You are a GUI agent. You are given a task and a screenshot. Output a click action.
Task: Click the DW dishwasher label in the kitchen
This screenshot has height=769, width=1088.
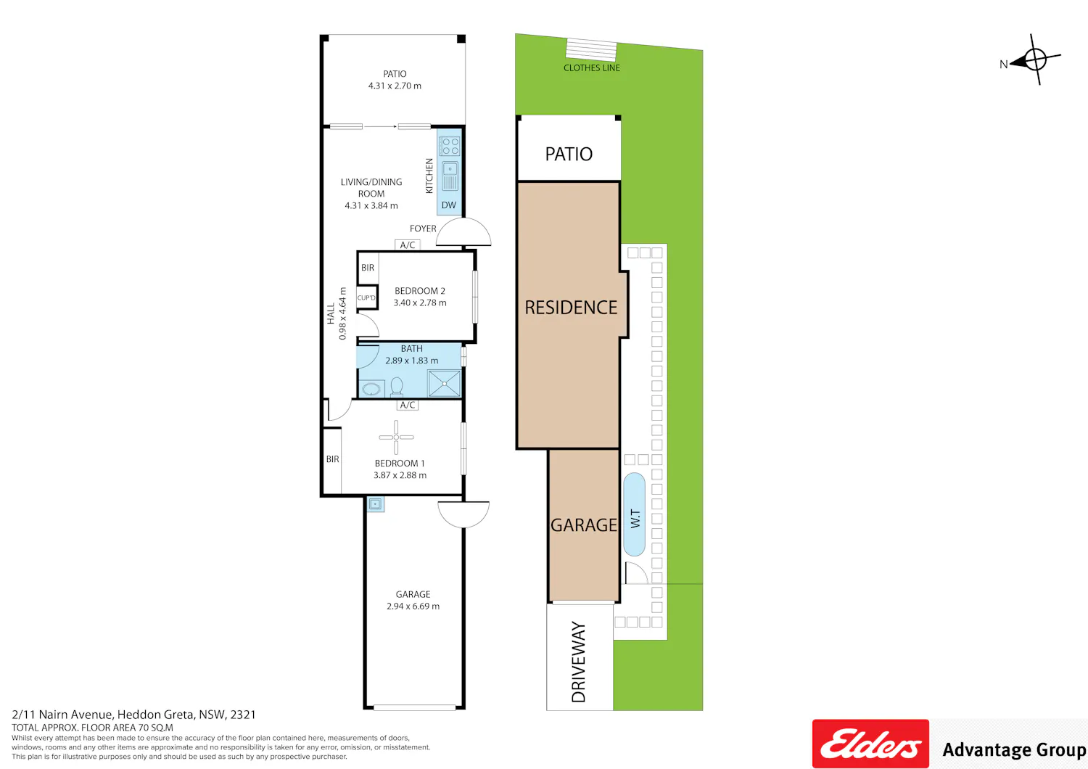448,205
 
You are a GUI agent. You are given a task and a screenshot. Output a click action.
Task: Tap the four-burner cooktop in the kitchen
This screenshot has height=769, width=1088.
449,147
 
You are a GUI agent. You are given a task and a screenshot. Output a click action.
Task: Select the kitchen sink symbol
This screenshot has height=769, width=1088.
450,176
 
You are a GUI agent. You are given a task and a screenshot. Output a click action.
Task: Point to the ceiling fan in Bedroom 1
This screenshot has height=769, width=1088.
396,437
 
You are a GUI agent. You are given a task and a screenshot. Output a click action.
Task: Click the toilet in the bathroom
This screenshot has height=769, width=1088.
397,387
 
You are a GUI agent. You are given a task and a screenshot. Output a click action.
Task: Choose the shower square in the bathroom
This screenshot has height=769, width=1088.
444,384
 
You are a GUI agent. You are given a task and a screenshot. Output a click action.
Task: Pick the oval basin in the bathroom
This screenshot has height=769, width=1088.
371,389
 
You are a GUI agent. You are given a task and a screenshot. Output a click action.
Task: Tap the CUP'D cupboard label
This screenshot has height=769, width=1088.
366,297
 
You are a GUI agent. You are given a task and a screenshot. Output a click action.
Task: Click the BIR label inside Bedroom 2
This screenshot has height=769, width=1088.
368,268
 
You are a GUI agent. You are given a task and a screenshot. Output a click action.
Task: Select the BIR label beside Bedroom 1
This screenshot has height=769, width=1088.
333,459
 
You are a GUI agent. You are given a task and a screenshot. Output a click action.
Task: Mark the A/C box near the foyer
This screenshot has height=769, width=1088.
408,244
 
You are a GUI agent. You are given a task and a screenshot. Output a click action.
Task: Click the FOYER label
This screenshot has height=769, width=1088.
423,229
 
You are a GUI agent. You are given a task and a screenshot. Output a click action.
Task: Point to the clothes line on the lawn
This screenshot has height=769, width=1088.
591,49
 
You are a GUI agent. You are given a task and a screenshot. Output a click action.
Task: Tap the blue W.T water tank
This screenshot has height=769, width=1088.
635,514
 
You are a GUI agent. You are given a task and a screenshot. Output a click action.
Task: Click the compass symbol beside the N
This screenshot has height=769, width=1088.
1036,59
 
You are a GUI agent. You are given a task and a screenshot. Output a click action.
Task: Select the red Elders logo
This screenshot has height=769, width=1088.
870,744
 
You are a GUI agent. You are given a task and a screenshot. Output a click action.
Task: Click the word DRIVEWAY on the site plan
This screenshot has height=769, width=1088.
579,662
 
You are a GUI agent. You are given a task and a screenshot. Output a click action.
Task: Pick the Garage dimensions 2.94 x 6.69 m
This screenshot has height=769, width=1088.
413,606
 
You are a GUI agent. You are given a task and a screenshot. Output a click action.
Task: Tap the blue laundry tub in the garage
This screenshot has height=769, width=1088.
375,504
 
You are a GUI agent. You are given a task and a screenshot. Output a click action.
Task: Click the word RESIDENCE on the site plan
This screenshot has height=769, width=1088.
571,308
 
